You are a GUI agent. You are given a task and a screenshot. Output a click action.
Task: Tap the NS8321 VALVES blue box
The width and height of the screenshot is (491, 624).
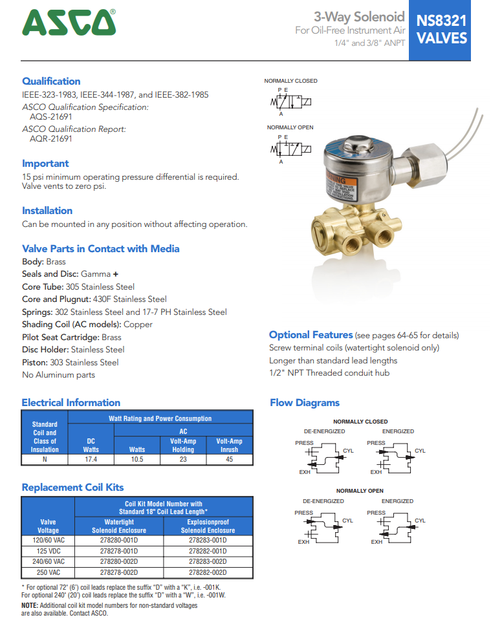441,30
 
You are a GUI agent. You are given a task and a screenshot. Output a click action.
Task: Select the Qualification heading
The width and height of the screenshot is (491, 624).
51,81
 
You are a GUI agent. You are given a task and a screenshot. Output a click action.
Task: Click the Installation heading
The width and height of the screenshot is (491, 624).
47,211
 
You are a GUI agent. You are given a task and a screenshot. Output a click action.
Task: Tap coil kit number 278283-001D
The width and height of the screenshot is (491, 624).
207,540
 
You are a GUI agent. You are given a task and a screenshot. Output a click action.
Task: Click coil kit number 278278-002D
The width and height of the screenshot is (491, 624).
119,572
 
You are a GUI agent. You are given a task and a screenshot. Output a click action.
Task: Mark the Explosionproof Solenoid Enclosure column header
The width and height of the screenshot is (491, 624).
207,526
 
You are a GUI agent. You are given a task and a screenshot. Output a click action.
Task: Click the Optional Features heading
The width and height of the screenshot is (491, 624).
311,335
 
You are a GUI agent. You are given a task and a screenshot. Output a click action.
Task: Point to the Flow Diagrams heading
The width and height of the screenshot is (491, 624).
304,403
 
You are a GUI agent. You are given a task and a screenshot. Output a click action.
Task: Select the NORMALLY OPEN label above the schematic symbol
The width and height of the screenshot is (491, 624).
290,127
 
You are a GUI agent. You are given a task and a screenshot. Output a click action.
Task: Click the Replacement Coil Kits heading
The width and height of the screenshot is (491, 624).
72,488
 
